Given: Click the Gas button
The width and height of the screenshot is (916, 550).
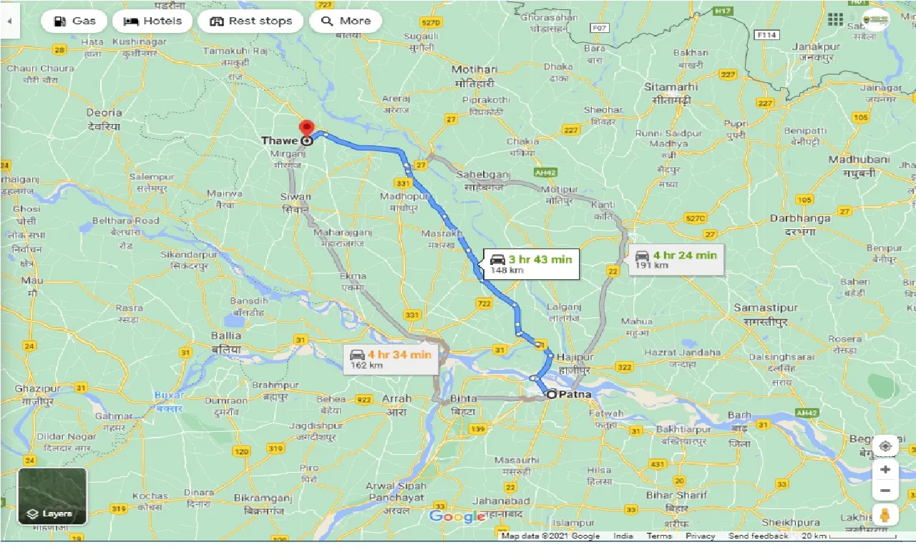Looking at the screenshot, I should [x=74, y=21].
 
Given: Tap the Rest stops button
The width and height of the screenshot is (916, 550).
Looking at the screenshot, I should [x=250, y=21].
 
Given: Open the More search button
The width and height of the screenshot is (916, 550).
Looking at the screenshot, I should [x=346, y=21].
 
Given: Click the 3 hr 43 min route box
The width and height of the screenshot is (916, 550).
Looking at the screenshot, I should [x=531, y=264].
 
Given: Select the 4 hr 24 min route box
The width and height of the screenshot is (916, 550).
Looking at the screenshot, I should [x=676, y=259].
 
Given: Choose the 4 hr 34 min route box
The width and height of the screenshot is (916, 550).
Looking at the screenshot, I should [x=390, y=359].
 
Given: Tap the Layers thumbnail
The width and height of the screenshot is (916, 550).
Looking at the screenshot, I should [x=52, y=496].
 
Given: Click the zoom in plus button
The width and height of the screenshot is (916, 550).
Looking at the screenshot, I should [x=885, y=470].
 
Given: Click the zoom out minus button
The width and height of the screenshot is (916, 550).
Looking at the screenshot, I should [x=885, y=491].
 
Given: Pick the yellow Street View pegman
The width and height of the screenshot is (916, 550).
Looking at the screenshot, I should [x=885, y=515].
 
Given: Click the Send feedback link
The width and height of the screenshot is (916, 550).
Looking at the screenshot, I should [x=759, y=536].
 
